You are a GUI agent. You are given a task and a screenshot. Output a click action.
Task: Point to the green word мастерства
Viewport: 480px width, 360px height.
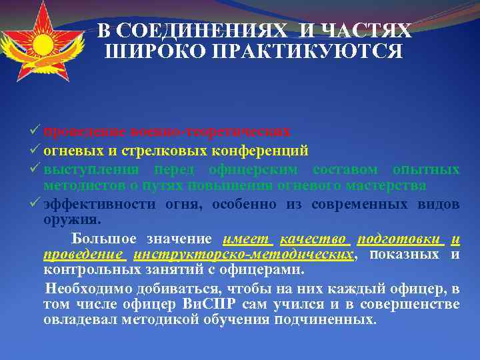[x=396, y=185]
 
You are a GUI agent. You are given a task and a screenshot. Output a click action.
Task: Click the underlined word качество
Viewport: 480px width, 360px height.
[x=313, y=239]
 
